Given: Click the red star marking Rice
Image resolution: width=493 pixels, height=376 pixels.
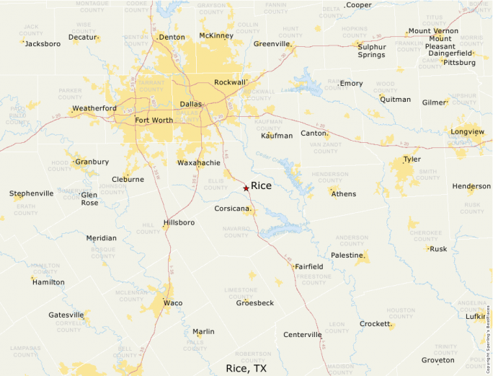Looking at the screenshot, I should click(x=246, y=188).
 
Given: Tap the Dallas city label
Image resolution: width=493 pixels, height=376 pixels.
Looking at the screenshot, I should click(x=190, y=104).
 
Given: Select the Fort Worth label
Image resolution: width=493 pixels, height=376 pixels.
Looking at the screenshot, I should click(x=154, y=120).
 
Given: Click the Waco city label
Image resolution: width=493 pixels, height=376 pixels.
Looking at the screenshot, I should click(x=173, y=303).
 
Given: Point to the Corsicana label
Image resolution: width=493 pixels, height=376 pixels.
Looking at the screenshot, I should click(x=232, y=209).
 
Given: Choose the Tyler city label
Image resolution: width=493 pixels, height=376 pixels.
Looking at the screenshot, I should click(x=412, y=159).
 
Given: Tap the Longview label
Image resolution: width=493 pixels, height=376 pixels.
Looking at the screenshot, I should click(x=467, y=132).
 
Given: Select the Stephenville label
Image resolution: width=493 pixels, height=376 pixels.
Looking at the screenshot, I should click(x=31, y=193).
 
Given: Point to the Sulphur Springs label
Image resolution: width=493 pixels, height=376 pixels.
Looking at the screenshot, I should click(x=371, y=50).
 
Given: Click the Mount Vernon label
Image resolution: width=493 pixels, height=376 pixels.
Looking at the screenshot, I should click(x=432, y=31).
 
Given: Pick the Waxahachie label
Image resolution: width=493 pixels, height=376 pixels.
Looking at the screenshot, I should click(x=198, y=163).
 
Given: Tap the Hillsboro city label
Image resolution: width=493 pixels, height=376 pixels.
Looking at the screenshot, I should click(x=179, y=222).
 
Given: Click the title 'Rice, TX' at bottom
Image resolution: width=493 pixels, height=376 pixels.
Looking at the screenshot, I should click(x=246, y=368).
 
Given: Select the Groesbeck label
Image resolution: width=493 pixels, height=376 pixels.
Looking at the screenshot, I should click(x=255, y=303).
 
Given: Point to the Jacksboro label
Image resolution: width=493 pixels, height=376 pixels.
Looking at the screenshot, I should click(x=43, y=43).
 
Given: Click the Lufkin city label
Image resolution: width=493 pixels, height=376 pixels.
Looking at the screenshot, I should click(x=476, y=316).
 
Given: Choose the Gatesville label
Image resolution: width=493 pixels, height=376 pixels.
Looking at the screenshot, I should click(x=66, y=315).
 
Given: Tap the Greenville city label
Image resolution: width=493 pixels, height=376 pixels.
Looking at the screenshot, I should click(x=272, y=43).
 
